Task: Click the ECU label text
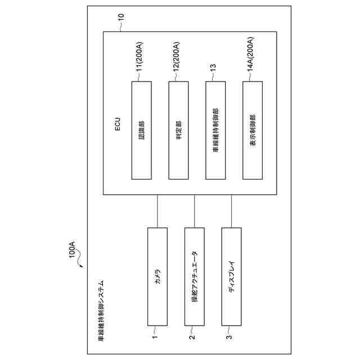pos(118,124)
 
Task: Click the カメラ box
pos(157,276)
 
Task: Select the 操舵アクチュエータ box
pos(195,276)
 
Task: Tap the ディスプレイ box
pos(232,276)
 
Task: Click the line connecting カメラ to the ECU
pos(157,211)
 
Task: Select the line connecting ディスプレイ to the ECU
pos(232,211)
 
